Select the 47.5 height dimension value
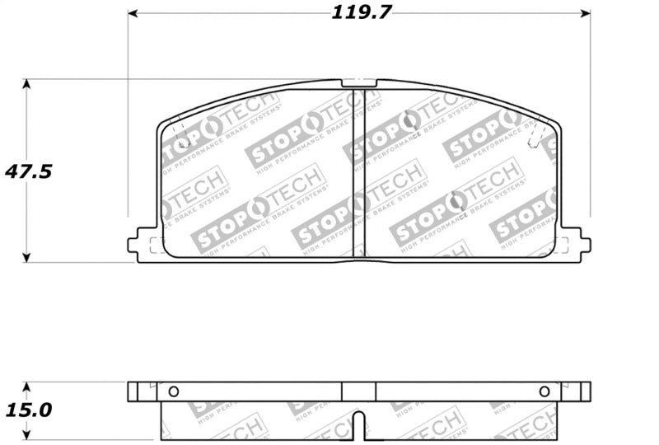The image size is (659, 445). (28, 171)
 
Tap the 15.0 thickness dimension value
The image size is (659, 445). (28, 410)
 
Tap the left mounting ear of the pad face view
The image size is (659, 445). (142, 245)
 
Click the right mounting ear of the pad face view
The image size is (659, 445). (577, 245)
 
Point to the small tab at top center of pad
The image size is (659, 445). (358, 83)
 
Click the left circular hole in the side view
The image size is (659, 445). (173, 391)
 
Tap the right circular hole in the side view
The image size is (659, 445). (544, 391)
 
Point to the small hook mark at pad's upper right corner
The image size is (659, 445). (534, 141)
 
